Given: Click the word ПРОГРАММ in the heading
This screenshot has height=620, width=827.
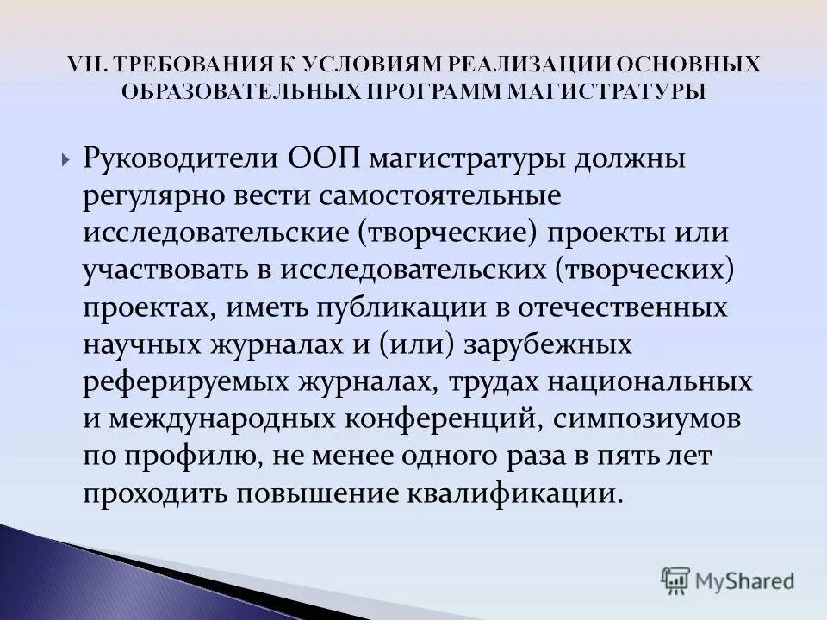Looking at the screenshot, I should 436,91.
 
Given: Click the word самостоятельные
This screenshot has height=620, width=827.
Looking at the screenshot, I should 447,196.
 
